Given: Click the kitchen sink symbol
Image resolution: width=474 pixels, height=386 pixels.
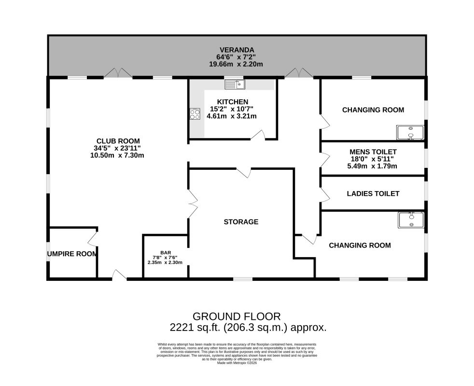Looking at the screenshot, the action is coord(235,84).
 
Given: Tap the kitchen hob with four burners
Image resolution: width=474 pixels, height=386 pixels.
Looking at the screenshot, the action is coord(195,114).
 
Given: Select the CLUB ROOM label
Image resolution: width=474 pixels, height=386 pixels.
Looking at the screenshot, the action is coord(118,141).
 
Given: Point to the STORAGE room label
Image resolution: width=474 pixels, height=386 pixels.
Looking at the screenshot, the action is coord(241,222).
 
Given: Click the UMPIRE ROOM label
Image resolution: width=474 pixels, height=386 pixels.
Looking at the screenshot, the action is coord(72,254).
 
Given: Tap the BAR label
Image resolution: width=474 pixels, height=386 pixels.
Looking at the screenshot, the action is coord(166,253).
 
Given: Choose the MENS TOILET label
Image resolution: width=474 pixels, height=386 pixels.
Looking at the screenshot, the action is coord(373,152).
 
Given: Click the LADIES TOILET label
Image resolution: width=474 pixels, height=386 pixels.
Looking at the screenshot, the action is coord(373,194).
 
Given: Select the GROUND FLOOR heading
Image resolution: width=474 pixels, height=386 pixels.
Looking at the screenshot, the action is coord(237,317).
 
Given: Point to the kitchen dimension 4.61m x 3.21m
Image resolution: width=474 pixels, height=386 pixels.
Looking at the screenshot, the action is coord(232,116).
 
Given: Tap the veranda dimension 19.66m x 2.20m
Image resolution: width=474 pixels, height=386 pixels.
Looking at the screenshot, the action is coord(236,64).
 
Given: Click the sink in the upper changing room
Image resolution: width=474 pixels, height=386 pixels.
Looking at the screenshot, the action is coord(410,133).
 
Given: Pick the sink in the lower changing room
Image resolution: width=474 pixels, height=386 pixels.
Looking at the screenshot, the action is coord(411,220).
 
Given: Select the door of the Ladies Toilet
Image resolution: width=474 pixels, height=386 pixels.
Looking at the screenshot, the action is coord(325,194).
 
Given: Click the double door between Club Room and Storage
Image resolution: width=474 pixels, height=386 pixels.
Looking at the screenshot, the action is coord(193,204).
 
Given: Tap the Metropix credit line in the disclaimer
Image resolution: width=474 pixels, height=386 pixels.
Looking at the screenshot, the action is coord(237,363).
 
